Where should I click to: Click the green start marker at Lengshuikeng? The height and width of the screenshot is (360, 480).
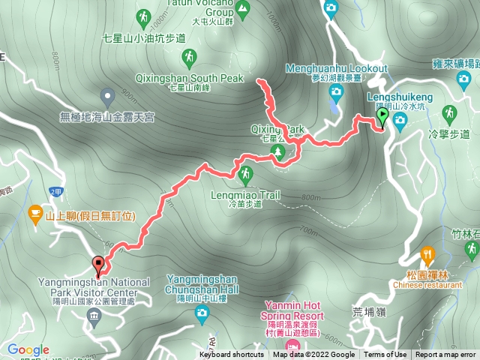382,116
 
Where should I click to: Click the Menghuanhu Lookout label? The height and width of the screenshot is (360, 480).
337,69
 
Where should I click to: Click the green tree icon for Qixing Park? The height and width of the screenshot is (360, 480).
278,152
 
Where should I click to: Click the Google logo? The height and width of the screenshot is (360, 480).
28,349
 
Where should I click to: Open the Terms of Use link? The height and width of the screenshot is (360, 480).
385,355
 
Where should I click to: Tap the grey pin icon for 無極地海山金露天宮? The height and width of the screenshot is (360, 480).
107,96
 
